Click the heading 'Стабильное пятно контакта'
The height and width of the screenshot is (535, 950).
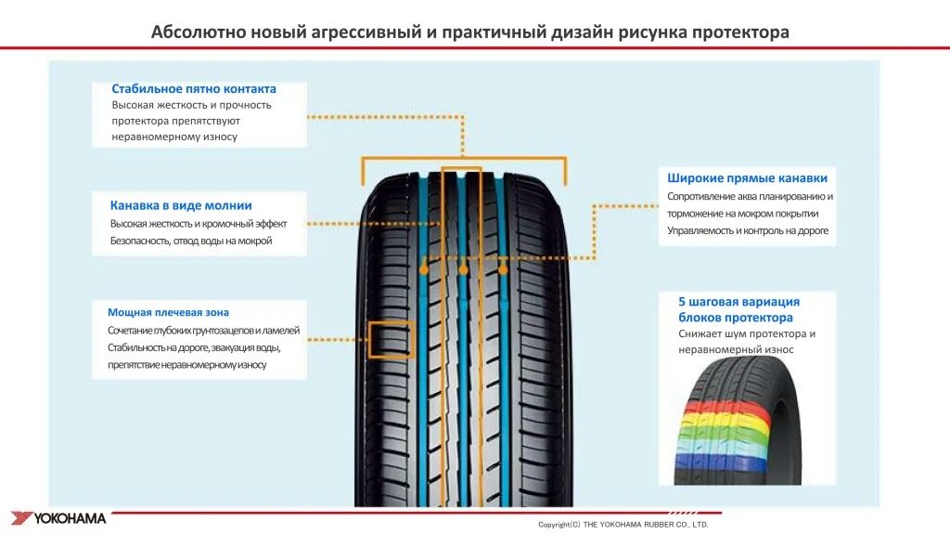coord(194,89)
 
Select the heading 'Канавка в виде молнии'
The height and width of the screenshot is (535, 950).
coord(181,205)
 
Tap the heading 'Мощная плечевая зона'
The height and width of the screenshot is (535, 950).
coord(168,313)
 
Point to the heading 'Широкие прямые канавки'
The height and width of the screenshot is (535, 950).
coord(747,177)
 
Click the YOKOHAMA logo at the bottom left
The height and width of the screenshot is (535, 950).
coord(58,518)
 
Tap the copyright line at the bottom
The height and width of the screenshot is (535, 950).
coord(623,525)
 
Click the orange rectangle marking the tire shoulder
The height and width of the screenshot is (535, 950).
coord(391,339)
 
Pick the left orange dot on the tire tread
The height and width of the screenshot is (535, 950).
coord(423,269)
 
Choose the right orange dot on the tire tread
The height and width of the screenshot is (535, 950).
coord(503,269)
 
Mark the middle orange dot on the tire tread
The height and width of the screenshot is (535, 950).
coord(463,269)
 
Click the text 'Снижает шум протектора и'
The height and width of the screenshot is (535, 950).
coord(747,333)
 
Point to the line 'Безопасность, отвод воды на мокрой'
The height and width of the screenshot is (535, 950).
coord(191,241)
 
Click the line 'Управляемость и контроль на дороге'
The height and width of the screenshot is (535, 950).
coord(748,230)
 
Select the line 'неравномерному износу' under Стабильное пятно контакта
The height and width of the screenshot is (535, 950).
coord(174,137)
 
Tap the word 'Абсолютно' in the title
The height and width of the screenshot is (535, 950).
coord(199,33)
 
